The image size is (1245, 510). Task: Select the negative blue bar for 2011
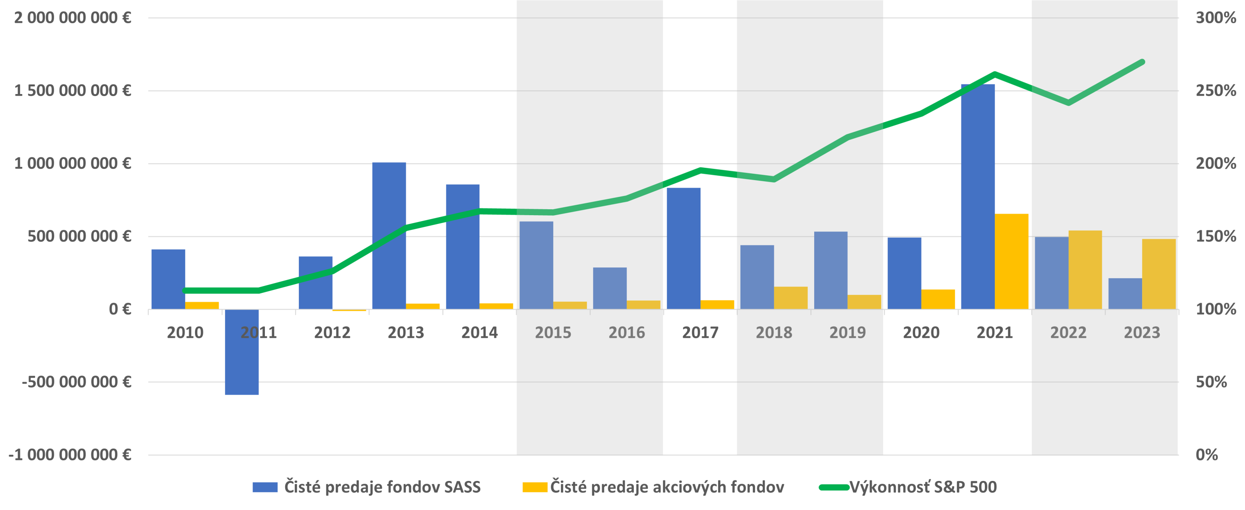pos(242,352)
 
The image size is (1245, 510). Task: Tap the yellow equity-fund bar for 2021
pos(1012,261)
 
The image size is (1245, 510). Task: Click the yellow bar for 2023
pos(1159,274)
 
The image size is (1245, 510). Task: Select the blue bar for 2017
pos(683,248)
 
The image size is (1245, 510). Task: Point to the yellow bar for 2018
pos(791,298)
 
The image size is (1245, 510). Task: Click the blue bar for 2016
pos(610,288)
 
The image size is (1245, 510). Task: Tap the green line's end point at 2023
pos(1142,62)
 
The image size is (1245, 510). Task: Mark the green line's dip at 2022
pos(1068,103)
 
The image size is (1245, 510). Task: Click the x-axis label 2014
pos(479,333)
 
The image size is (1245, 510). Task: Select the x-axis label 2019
pos(847,333)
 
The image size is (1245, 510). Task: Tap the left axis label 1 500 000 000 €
pos(73,91)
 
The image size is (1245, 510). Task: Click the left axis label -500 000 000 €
pos(76,382)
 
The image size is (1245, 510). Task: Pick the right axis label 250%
pos(1215,91)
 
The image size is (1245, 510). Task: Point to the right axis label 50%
pos(1211,382)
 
